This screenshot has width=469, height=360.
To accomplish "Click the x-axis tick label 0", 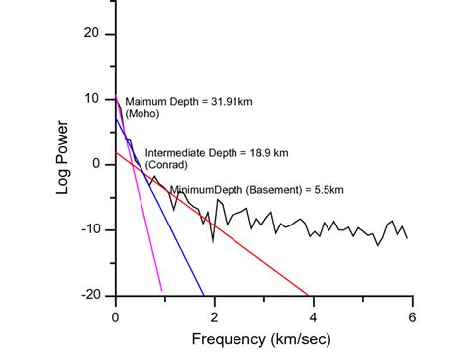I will pos(116,316).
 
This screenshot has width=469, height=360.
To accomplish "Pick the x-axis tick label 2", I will pos(214,316).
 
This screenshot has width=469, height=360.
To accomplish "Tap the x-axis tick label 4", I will pos(313,316).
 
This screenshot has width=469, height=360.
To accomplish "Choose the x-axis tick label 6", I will pos(411,316).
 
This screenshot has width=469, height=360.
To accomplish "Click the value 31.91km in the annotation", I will pos(244,102).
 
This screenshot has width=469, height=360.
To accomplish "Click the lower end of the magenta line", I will pos(162,291).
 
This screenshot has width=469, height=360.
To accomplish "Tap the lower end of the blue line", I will pos(204,295).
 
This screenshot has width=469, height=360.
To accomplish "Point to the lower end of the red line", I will pos(310,295).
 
